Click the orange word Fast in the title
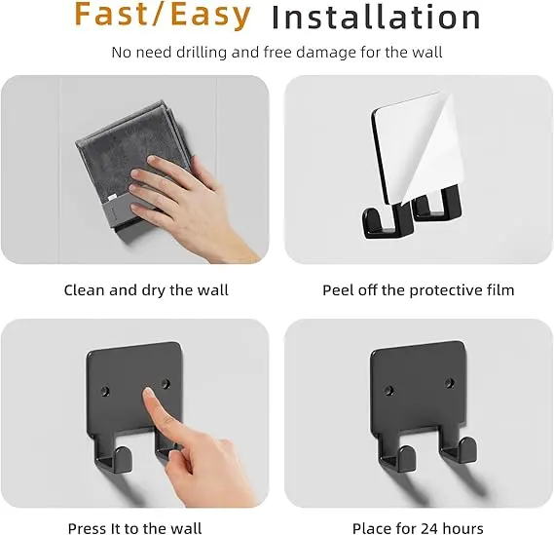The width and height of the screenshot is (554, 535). [x=112, y=15]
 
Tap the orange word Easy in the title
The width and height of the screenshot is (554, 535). [x=210, y=16]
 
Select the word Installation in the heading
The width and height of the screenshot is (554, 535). [x=376, y=18]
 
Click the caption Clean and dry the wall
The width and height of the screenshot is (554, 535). [x=146, y=290]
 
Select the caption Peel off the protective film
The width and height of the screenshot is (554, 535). [x=418, y=290]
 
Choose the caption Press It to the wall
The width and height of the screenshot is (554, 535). [x=134, y=528]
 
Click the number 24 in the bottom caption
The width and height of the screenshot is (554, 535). [x=427, y=528]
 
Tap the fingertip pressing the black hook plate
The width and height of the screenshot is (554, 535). [x=149, y=393]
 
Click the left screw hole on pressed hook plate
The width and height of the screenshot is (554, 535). [x=104, y=391]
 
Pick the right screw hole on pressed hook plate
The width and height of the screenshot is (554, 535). [x=166, y=383]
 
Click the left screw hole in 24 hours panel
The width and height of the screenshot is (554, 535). [x=389, y=391]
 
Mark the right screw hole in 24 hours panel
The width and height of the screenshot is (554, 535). [x=450, y=383]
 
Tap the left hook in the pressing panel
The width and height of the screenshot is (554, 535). [x=113, y=457]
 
